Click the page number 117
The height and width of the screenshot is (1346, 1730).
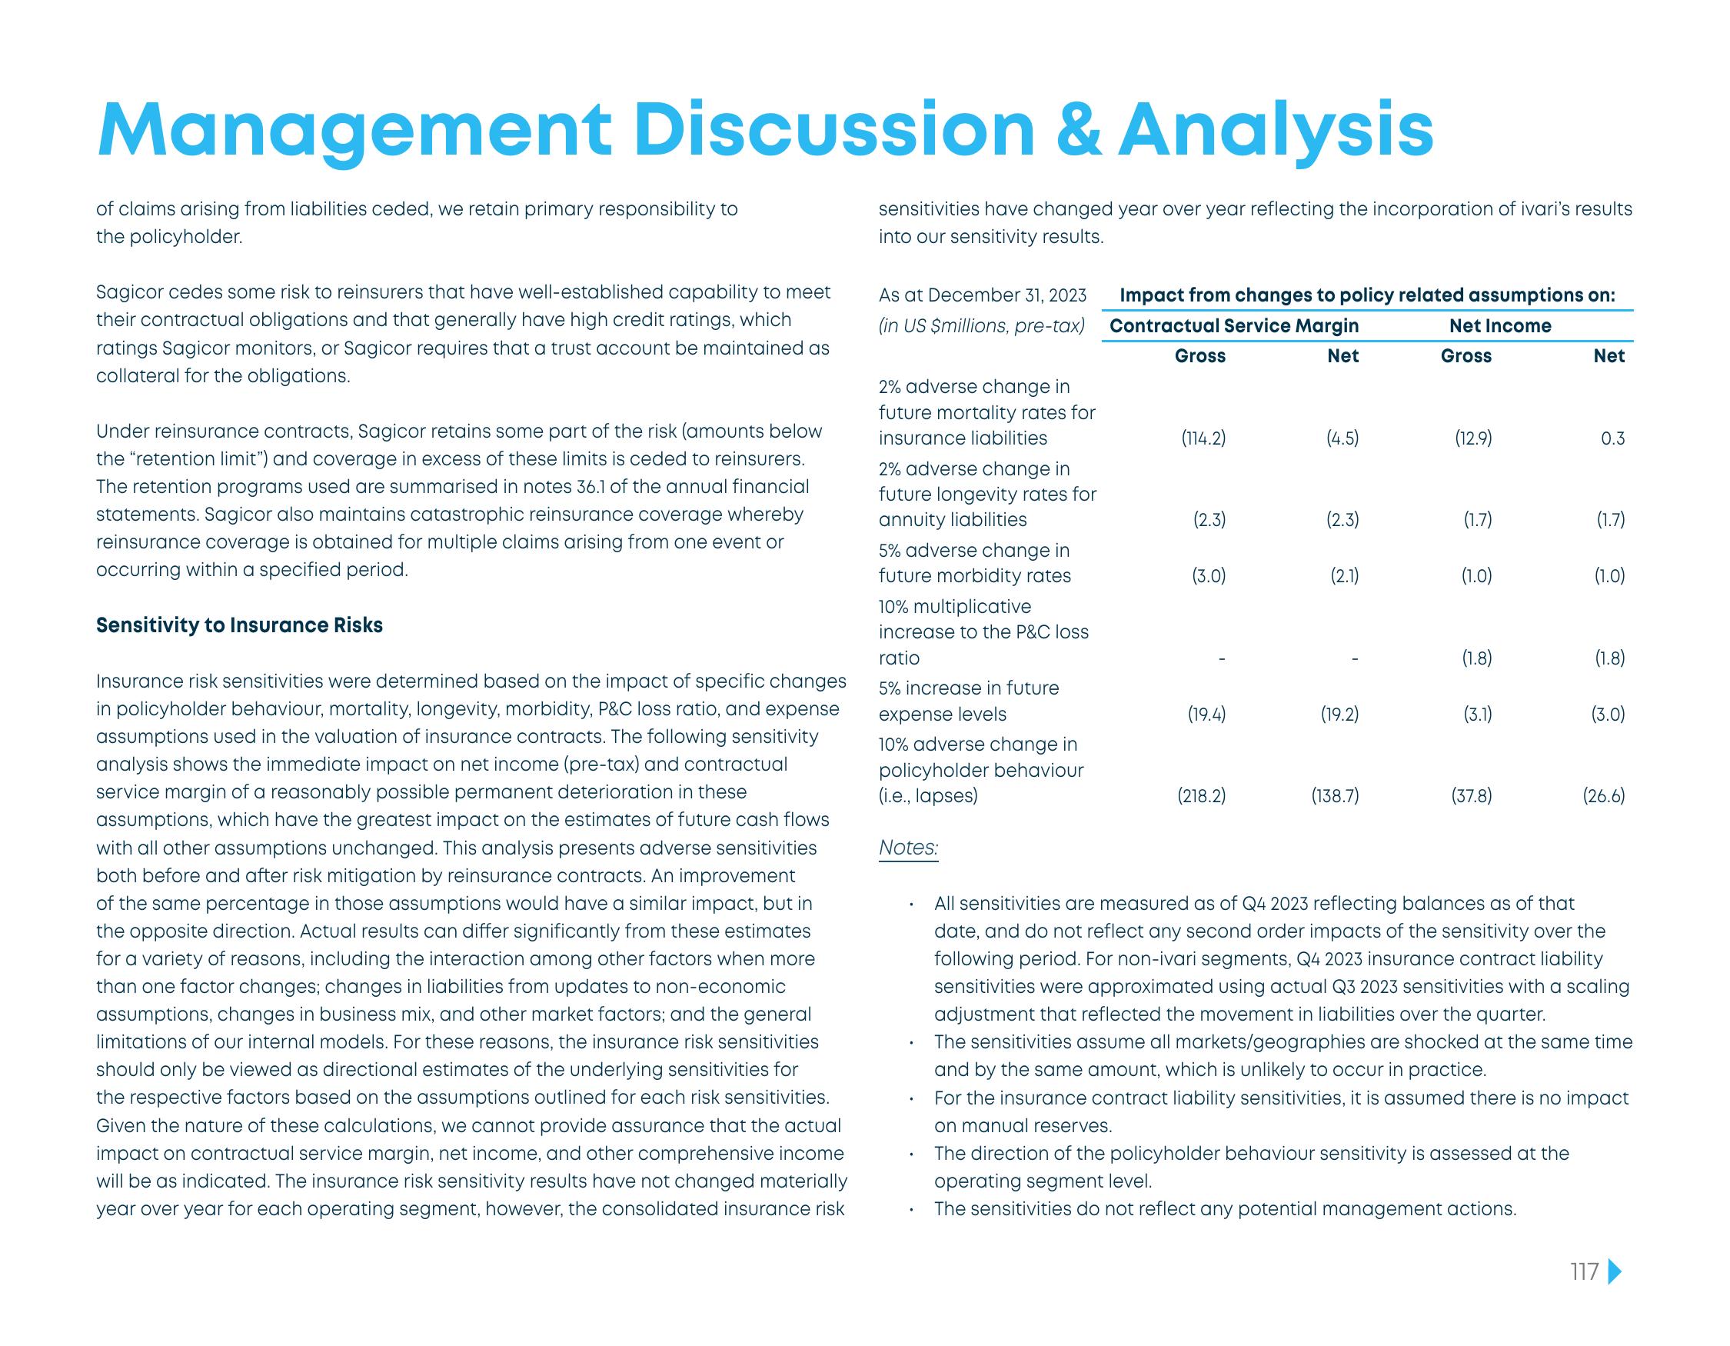[1584, 1294]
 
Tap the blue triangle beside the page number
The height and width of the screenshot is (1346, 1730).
[1615, 1294]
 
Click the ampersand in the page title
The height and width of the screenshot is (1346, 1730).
[1078, 131]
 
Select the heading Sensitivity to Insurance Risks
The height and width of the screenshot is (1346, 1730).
[239, 625]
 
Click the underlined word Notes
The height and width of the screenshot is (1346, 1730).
[908, 848]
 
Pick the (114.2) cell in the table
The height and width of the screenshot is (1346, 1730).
[1203, 438]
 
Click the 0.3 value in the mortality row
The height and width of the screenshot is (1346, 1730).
[1613, 438]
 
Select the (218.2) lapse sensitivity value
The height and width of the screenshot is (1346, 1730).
[1202, 795]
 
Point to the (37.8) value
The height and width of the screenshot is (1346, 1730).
[1471, 795]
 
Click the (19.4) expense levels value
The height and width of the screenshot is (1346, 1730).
[1206, 714]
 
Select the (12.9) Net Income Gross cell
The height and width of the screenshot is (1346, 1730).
[1472, 438]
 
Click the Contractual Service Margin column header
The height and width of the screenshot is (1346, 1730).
[1234, 325]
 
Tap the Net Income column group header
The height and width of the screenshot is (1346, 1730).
[1500, 325]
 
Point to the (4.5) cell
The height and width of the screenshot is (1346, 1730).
[1342, 438]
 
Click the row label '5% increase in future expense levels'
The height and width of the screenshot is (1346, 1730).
[968, 701]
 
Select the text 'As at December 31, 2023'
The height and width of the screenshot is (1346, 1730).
[982, 295]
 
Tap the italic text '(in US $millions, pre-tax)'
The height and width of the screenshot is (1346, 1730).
[981, 325]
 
